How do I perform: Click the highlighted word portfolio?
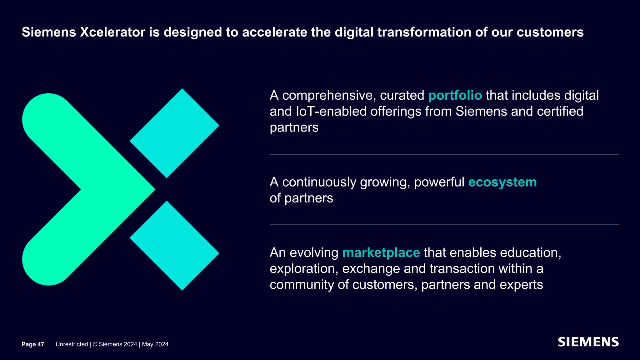coord(455,96)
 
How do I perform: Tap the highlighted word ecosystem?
coord(502,182)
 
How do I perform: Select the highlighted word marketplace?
coord(381,253)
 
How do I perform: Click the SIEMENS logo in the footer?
coord(588,342)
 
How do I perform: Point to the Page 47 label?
coord(33,344)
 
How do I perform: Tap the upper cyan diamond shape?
coord(174,133)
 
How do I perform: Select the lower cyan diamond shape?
coord(174,246)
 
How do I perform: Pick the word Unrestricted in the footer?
coord(72,344)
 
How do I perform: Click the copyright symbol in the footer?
coord(95,344)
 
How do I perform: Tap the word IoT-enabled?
coord(331,112)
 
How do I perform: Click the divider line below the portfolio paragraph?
coord(444,154)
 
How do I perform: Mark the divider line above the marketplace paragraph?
coord(444,225)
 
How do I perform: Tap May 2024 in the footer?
coord(155,344)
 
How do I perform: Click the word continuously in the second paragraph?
coord(319,182)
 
